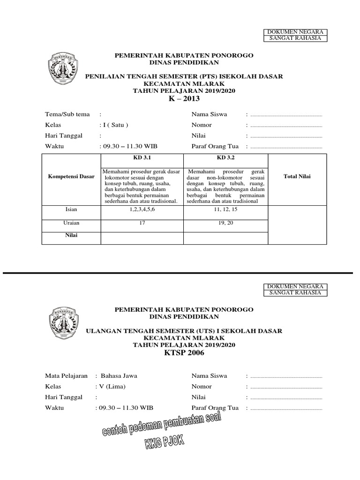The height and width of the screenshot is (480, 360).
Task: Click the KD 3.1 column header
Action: coord(142,158)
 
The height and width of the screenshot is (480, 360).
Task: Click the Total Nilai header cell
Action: coord(297,177)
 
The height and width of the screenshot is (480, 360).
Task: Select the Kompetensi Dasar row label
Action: coord(71,177)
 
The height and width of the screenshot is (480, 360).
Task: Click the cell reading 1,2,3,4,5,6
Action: coord(142,209)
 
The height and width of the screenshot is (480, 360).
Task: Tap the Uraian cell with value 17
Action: coord(142,224)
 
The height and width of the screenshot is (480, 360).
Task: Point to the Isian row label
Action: coord(71,209)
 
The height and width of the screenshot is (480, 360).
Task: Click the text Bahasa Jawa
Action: coord(119,375)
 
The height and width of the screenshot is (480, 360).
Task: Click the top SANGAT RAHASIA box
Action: coord(295,38)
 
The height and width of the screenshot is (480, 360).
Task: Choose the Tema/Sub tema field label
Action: coord(67,114)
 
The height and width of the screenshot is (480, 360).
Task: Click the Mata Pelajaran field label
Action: coord(66,375)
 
